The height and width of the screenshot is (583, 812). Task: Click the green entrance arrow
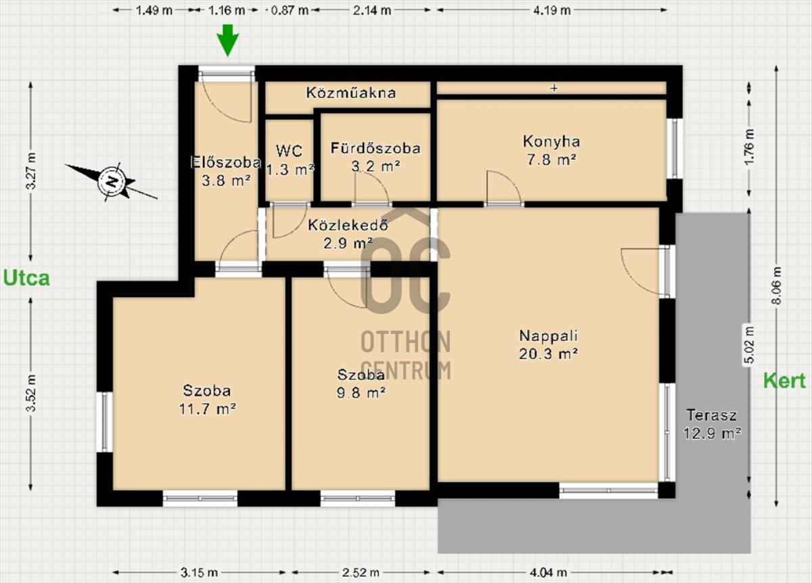227,41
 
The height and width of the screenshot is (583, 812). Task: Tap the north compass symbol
112,182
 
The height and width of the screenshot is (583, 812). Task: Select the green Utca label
26,278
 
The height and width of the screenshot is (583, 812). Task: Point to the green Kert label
784,381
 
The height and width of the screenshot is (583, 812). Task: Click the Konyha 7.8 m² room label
551,150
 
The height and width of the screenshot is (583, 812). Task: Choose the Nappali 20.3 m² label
549,344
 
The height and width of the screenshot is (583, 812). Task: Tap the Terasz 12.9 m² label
712,424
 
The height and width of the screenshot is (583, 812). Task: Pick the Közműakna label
351,93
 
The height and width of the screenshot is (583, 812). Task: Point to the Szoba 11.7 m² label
207,400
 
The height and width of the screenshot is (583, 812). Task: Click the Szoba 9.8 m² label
361,383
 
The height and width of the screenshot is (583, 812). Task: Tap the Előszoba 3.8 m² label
226,171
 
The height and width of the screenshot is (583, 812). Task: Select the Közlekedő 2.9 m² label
348,234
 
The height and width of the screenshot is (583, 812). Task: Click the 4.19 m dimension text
551,10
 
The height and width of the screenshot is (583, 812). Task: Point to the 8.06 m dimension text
777,286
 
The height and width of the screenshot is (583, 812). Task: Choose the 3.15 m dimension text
199,572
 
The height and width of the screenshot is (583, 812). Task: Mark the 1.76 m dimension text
749,148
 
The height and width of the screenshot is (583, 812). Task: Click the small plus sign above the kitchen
554,88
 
